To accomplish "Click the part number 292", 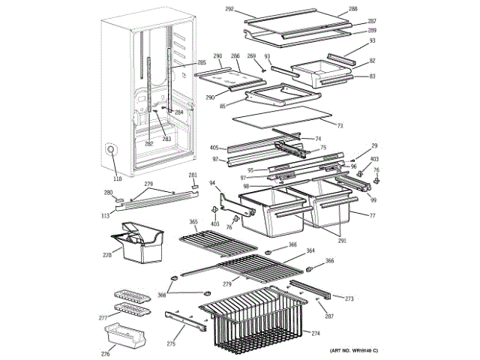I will pyautogui.click(x=229, y=9).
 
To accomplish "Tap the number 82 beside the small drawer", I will pyautogui.click(x=373, y=60).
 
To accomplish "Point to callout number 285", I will pyautogui.click(x=202, y=62).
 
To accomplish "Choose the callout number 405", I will pyautogui.click(x=214, y=148).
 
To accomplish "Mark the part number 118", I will pyautogui.click(x=117, y=178).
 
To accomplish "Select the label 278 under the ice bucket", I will pyautogui.click(x=107, y=256).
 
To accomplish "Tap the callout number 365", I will pyautogui.click(x=193, y=222).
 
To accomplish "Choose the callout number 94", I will pyautogui.click(x=212, y=182).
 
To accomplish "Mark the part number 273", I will pyautogui.click(x=349, y=298).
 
